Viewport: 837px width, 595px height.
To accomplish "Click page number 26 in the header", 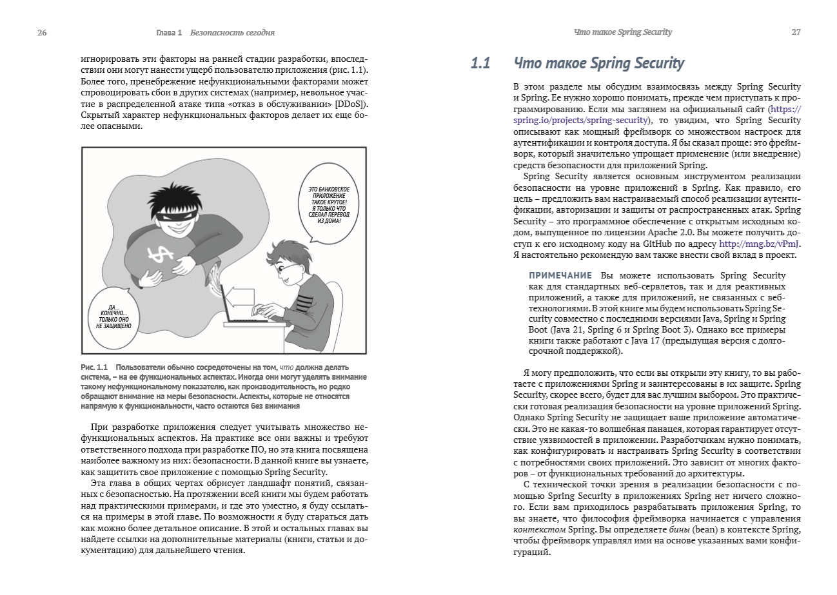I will [x=42, y=32].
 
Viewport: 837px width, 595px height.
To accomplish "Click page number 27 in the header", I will [x=796, y=32].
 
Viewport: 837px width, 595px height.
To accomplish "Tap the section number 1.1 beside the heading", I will [x=481, y=63].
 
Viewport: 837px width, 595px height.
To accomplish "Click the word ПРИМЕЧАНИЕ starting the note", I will [x=560, y=276].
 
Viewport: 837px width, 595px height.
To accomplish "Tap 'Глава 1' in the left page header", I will [x=170, y=32].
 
